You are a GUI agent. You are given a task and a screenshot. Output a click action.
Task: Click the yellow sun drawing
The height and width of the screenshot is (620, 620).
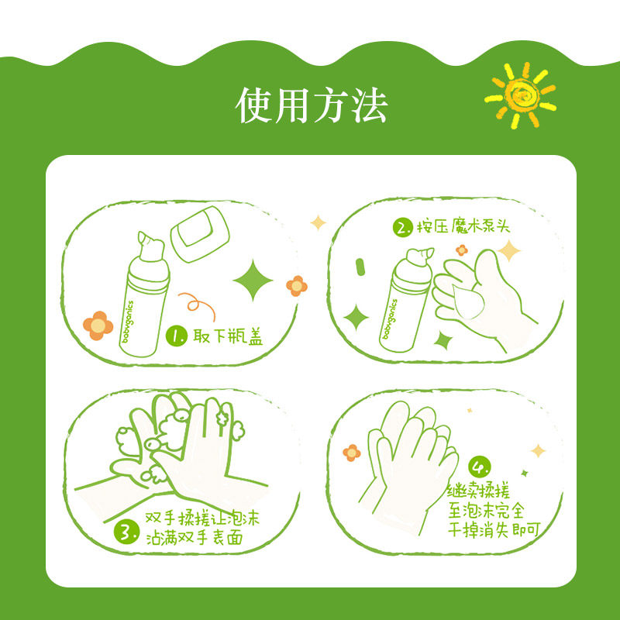520,95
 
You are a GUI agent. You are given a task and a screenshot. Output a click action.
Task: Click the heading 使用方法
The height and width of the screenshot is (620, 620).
312,105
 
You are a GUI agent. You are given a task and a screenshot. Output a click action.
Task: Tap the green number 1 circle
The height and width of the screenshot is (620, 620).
177,336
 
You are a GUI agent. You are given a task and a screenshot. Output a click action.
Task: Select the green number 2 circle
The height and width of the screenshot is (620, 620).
403,226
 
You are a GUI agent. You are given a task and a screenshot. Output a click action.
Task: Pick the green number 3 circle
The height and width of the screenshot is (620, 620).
126,532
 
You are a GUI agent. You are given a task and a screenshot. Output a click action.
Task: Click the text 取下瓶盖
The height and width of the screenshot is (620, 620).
228,336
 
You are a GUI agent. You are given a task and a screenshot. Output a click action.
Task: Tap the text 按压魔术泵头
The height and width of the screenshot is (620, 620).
463,226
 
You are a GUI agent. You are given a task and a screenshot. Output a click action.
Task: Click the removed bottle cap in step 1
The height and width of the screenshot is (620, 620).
200,234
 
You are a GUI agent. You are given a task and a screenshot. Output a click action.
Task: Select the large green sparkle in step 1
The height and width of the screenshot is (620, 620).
253,280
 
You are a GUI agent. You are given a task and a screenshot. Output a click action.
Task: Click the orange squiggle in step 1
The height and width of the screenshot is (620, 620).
197,305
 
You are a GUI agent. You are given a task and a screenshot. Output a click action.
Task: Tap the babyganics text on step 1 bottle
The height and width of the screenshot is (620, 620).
128,321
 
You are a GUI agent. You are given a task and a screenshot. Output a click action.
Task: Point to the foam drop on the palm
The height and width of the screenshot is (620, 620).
468,301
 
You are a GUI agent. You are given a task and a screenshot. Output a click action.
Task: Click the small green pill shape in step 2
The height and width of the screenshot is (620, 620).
360,267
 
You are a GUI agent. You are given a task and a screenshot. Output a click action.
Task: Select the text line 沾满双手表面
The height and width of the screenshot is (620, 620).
195,538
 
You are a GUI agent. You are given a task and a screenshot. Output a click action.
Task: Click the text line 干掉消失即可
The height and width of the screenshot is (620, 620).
494,530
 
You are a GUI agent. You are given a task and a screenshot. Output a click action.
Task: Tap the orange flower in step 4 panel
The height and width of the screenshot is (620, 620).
352,453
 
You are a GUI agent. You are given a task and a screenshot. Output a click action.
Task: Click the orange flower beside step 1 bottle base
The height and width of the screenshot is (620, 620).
98,325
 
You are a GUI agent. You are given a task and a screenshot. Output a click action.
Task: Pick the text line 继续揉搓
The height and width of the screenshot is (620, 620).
479,491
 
